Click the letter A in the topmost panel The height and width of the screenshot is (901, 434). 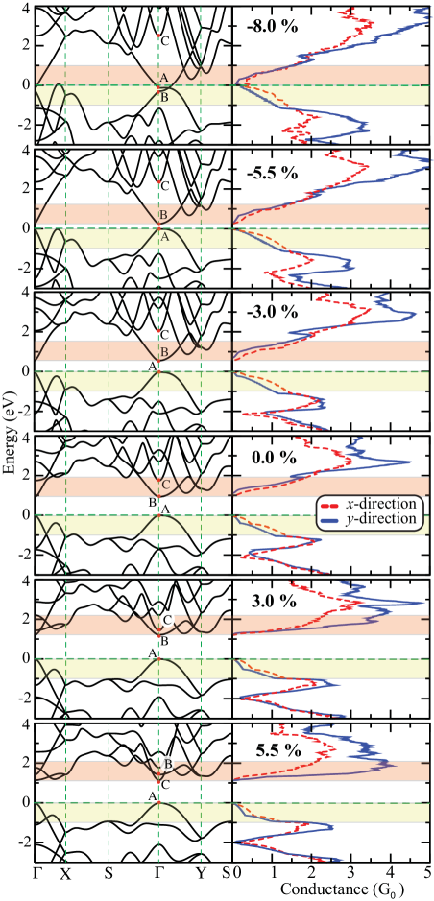(164, 77)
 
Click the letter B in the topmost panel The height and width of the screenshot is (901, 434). (164, 97)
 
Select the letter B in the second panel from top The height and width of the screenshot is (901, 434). (163, 214)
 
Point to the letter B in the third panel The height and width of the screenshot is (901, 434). (164, 352)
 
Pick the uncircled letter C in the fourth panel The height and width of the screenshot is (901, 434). (165, 485)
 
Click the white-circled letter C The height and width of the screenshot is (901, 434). (167, 620)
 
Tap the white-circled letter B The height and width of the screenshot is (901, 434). (167, 764)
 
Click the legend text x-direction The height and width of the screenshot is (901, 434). (382, 504)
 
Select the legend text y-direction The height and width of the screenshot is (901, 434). (382, 518)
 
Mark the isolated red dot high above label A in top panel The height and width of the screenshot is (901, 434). (158, 36)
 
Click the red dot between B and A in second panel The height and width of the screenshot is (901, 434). (158, 225)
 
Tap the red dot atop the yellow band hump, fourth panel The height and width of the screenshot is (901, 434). (158, 515)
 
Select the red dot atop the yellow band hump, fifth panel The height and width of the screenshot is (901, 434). (158, 659)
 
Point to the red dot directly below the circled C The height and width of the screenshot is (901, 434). (158, 635)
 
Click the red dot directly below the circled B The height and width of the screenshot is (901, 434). (158, 778)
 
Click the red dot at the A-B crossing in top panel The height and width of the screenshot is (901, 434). (158, 87)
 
